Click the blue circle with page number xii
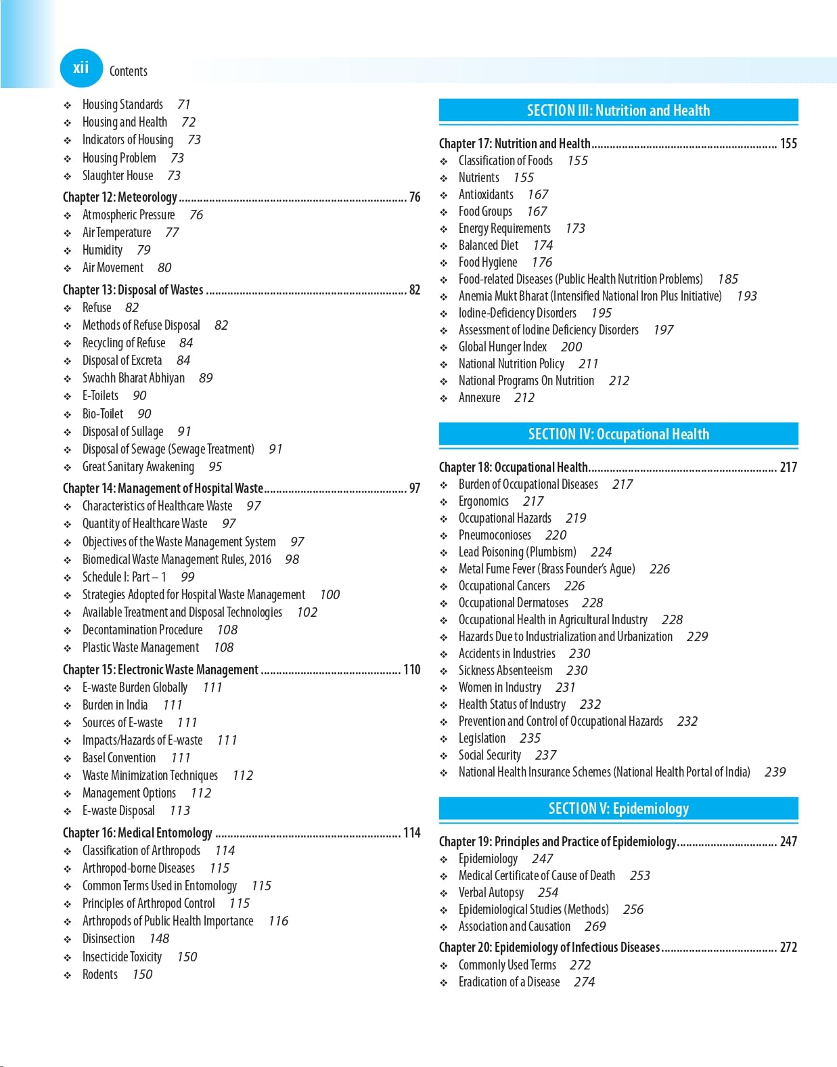coord(81,68)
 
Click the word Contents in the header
coord(128,71)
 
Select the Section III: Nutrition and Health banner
coord(618,110)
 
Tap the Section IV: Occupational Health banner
coord(618,434)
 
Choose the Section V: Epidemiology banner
coord(618,808)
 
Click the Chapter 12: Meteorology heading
coord(120,197)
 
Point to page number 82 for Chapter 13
coord(414,290)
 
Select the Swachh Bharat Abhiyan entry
coord(133,378)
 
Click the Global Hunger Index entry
coord(502,347)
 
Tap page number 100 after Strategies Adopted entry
coord(330,594)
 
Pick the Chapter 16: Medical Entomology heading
coord(137,833)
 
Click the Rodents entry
coord(100,974)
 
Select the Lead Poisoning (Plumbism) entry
coord(517,552)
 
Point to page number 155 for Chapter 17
coord(788,144)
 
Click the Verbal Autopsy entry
coord(491,892)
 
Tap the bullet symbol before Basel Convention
coord(68,758)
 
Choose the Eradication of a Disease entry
coord(509,982)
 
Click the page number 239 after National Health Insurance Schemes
coord(775,772)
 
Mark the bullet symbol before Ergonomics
coord(444,502)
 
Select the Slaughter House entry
coord(118,175)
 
